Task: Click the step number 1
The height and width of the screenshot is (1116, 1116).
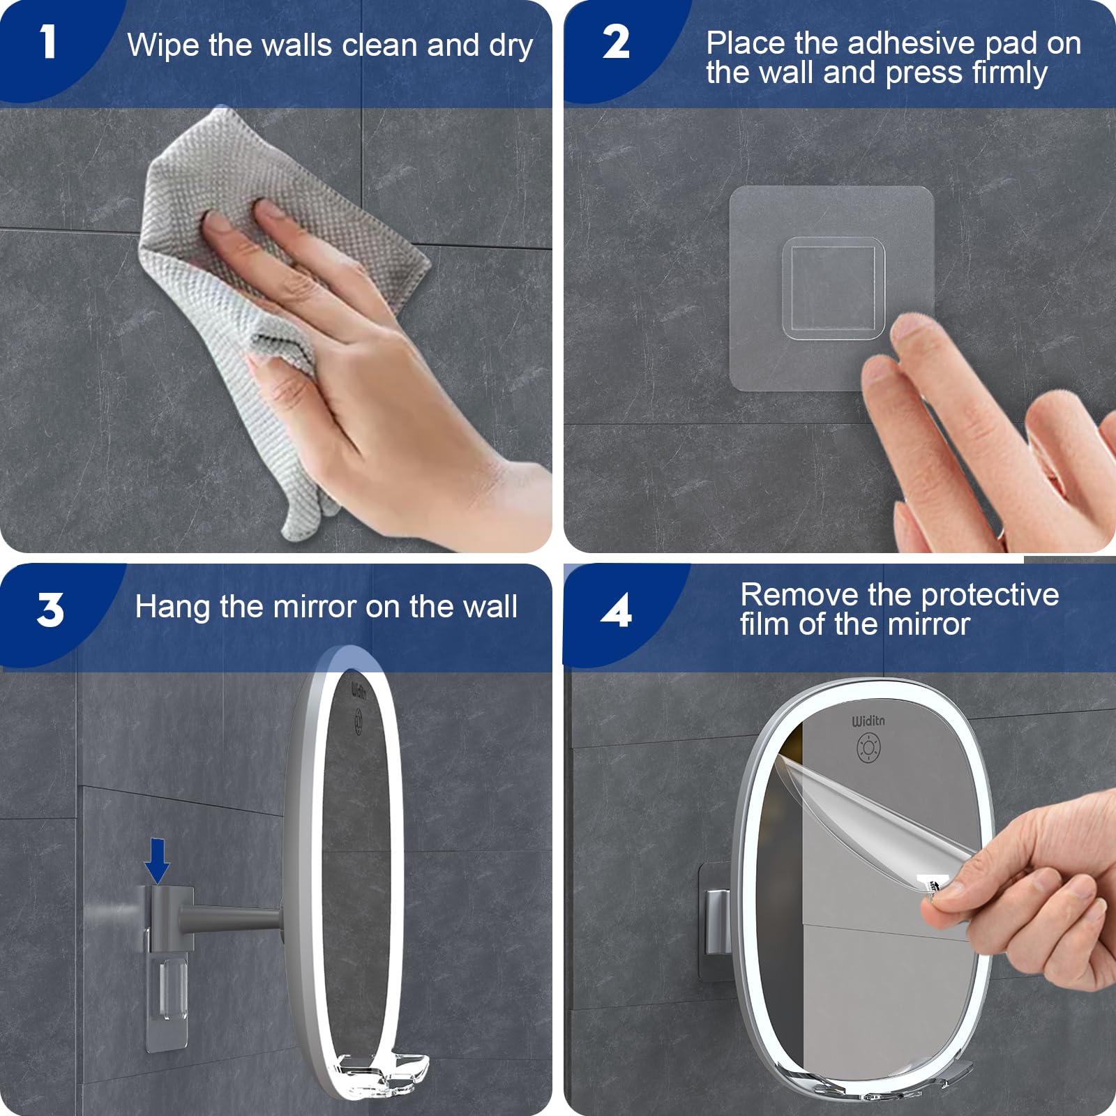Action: point(47,42)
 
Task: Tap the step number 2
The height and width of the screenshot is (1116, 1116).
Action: point(616,42)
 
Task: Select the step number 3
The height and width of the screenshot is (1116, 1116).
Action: point(50,610)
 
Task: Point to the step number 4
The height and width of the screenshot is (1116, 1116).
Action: point(616,610)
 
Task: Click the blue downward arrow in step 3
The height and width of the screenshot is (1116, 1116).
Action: point(157,861)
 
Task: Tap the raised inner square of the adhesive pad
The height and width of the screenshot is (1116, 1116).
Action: point(834,288)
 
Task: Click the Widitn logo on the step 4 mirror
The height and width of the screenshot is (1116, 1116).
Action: point(868,721)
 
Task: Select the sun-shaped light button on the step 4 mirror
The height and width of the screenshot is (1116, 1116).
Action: point(868,748)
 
